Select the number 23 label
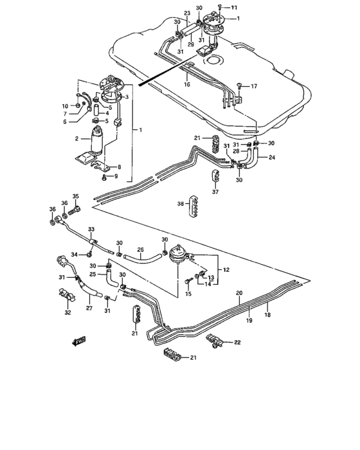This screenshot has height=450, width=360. [x=187, y=14]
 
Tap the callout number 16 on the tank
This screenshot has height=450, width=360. [x=187, y=84]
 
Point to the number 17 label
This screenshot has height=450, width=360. [x=254, y=86]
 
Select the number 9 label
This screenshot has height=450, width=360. [x=116, y=176]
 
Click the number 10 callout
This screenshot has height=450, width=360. [x=65, y=106]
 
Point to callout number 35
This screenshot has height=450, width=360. [x=75, y=197]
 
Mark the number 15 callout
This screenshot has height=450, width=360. [x=188, y=294]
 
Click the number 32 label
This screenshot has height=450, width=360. [x=68, y=314]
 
